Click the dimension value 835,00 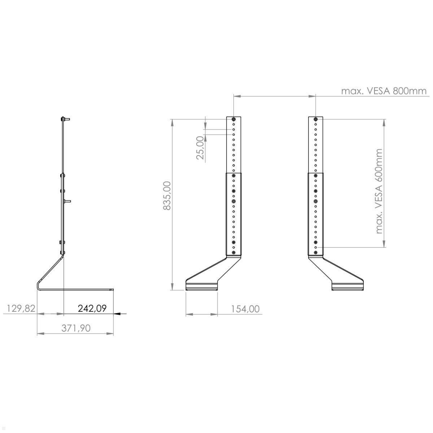[167, 196]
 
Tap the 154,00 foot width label [246, 309]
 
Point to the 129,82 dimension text [21, 309]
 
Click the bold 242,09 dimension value [92, 309]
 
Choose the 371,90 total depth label [76, 328]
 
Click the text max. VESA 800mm [384, 91]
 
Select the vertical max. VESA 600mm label [379, 191]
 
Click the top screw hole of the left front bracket [234, 119]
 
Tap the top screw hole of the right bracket [316, 119]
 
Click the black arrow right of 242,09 [121, 314]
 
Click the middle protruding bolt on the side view [67, 201]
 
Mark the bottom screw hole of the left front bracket [234, 252]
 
